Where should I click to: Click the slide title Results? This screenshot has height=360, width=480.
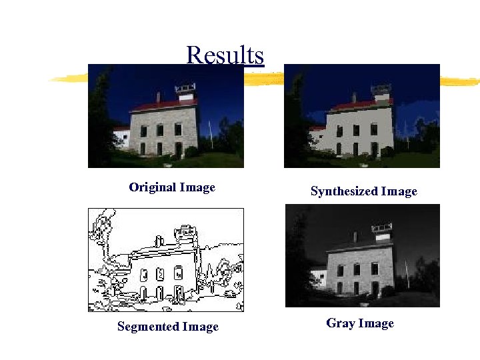pos(225,55)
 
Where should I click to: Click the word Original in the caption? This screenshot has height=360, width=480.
pos(149,187)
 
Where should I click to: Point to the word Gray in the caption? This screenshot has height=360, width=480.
pos(341,323)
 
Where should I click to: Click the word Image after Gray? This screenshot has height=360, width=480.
pos(376,323)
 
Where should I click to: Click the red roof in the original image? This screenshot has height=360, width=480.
pos(163,105)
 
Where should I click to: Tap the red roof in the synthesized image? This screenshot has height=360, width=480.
pos(360,105)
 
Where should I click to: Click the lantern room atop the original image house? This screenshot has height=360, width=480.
pos(185,89)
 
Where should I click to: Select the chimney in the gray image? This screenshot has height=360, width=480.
pos(355,236)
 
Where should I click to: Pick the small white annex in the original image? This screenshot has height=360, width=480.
pos(121,137)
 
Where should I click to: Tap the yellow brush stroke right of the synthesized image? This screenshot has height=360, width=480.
pos(460,82)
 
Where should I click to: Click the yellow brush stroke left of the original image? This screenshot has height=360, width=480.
pos(68,79)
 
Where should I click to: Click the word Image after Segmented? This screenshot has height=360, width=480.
pos(201,327)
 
